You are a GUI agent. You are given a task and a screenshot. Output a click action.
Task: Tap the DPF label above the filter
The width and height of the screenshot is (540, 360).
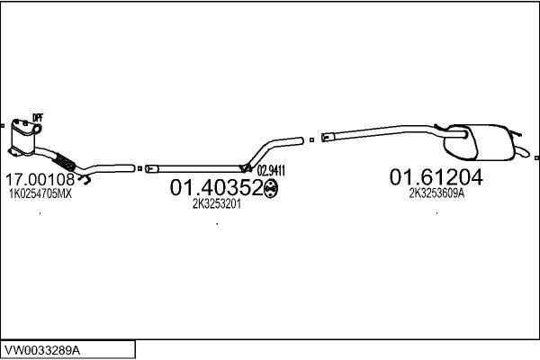tap(38, 118)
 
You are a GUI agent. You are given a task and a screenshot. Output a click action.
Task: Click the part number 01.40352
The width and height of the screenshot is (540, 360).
tap(215, 187)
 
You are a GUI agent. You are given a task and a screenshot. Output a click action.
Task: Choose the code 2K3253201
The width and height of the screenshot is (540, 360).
tap(217, 203)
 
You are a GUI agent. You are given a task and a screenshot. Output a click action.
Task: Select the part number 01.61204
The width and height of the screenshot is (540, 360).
tap(436, 177)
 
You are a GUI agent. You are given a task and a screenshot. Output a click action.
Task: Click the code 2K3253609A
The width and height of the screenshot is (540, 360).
tap(436, 193)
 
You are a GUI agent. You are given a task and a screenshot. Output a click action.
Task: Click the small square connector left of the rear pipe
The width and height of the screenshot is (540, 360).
tap(310, 139)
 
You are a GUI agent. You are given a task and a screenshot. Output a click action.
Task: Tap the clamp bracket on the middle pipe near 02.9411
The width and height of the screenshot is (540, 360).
tap(245, 166)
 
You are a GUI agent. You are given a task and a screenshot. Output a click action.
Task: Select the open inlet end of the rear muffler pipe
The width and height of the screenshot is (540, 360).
tap(327, 137)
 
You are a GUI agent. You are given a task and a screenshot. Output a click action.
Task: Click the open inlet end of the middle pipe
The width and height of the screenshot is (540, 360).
tap(150, 167)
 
